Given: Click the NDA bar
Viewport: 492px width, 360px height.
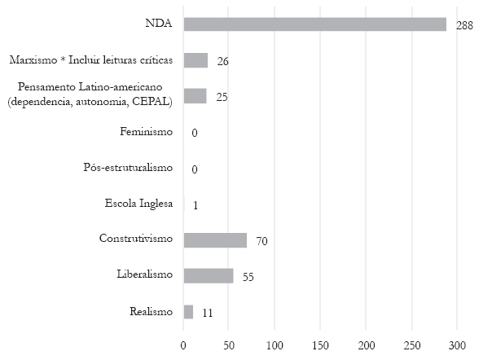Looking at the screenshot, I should click(314, 24).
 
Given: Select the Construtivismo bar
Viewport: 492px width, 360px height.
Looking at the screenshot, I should click(215, 239).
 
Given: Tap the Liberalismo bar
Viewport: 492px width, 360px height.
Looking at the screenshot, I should click(209, 275).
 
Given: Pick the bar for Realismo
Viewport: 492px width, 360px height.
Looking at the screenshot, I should click(188, 311).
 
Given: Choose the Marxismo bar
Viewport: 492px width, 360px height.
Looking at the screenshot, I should click(195, 60).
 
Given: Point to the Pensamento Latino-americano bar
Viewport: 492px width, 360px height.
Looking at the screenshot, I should click(195, 96).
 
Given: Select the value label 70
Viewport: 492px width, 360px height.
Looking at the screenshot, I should click(261, 240).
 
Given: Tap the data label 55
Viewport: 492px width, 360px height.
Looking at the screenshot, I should click(248, 277).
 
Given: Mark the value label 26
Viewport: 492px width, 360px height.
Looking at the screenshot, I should click(222, 61).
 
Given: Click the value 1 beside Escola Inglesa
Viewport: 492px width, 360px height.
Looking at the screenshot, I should click(195, 204).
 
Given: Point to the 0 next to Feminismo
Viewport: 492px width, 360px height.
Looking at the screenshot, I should click(195, 133).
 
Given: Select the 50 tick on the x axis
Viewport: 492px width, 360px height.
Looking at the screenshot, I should click(229, 344).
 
